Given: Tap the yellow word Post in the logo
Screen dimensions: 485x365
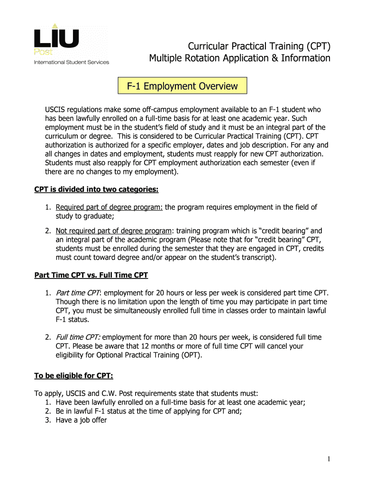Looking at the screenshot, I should pos(43,52).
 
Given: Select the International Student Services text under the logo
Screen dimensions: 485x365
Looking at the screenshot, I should pos(71,62).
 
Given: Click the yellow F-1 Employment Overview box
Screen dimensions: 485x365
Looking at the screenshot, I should pos(182,86).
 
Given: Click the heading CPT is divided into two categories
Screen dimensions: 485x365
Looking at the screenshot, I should pos(96,189).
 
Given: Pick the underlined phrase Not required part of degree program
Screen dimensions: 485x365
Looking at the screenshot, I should pos(114,231).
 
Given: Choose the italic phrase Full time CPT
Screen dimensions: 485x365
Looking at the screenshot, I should pos(77,337).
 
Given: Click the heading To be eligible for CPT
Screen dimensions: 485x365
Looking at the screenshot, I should pos(73,376).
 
